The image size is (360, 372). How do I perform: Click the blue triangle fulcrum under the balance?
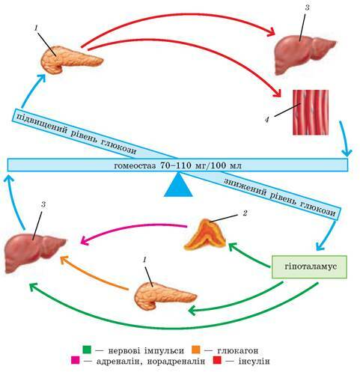pos(178,186)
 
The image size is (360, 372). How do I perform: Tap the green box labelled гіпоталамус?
pos(309,266)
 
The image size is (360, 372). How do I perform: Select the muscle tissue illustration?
pos(311,112)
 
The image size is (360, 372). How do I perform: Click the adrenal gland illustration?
pos(205,235)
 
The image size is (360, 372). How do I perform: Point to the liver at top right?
pos(305,54)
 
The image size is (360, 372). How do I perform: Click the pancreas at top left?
pos(71,60)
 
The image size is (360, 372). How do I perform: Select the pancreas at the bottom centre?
pos(165,296)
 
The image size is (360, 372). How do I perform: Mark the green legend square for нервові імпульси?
pos(88,350)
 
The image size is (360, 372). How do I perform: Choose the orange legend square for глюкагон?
pos(196,350)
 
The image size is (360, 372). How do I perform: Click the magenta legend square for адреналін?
pos(75,361)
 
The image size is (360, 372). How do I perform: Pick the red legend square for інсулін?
pos(217,361)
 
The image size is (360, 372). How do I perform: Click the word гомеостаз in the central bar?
pos(135,165)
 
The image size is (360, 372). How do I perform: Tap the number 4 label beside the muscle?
pos(267,120)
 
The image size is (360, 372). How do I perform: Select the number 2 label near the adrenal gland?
pos(245,213)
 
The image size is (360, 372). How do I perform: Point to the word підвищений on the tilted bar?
pos(43,124)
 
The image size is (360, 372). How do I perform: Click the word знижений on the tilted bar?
pos(245,188)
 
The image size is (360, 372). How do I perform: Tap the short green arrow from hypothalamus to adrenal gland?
pos(249,255)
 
